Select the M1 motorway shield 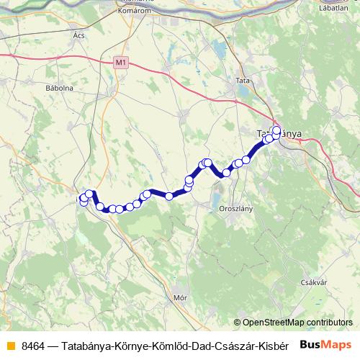(120, 63)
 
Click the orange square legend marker (9, 345)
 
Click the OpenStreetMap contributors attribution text (297, 323)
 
